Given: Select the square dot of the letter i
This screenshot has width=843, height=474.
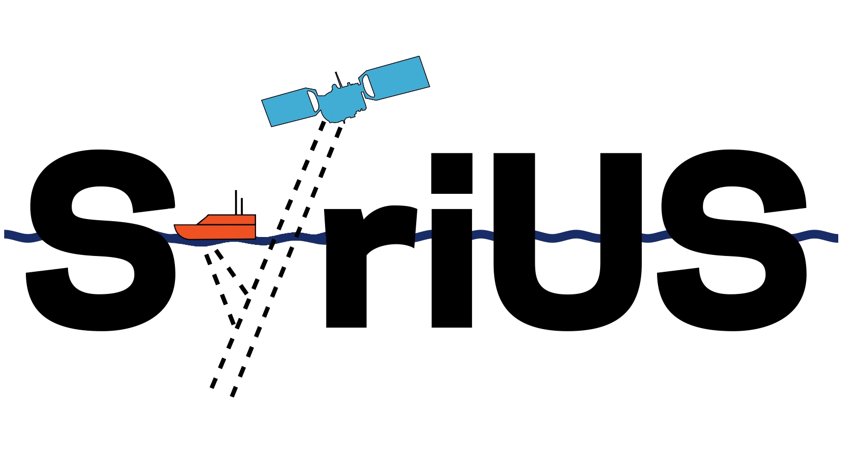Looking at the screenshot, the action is click(452, 173).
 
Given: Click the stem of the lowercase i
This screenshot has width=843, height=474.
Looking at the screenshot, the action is click(452, 268).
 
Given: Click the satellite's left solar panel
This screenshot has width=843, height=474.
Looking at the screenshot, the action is click(290, 107).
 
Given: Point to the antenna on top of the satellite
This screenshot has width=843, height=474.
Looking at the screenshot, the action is click(339, 80).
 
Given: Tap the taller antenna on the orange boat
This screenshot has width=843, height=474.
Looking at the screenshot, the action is click(236, 202).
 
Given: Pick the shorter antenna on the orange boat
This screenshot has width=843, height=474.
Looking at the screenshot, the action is click(242, 206).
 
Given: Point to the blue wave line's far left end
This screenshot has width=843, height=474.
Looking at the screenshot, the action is click(5, 234).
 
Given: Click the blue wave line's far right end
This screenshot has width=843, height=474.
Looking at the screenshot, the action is click(838, 238).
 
